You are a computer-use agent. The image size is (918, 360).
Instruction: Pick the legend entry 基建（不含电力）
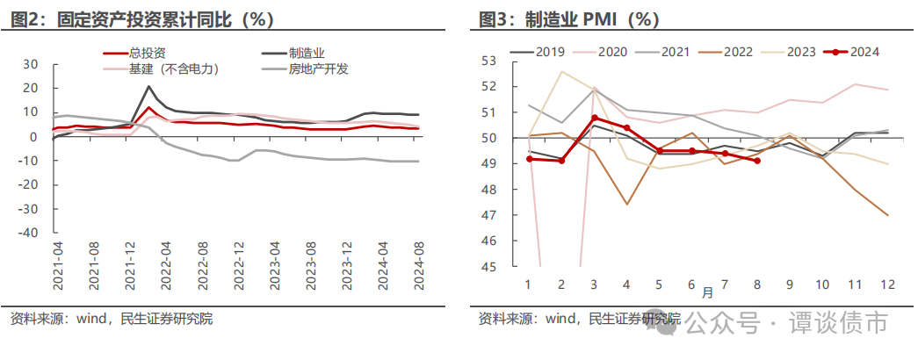[x=173, y=68]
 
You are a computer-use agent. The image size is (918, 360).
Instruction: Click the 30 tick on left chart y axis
[x=32, y=64]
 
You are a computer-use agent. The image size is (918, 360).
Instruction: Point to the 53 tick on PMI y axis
[x=489, y=61]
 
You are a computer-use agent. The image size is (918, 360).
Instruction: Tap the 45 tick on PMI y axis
[x=489, y=267]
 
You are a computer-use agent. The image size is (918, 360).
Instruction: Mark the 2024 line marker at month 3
[x=594, y=118]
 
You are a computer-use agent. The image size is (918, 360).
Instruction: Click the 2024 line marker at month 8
[x=757, y=161]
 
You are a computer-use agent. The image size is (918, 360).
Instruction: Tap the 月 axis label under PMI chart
[x=707, y=291]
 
